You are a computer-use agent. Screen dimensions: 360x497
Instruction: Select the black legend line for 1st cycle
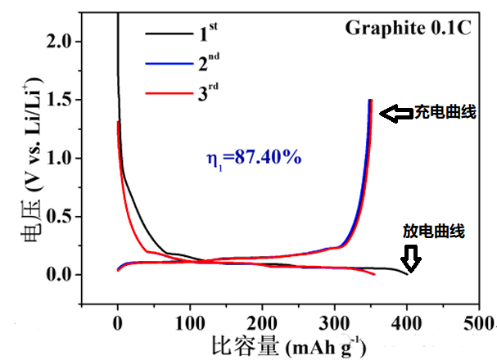tap(168, 34)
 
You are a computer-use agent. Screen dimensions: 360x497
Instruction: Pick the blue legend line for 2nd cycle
tap(168, 64)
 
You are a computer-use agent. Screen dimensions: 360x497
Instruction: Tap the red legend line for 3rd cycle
tap(168, 95)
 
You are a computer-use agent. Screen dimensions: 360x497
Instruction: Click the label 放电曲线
tap(434, 232)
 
